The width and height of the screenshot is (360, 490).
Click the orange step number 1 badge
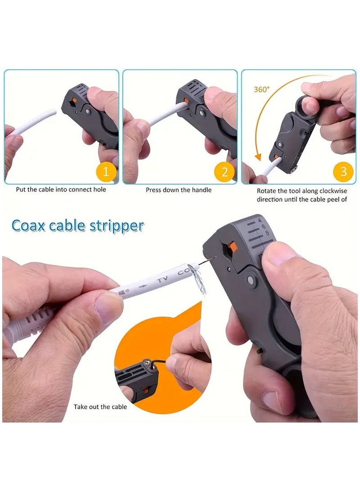click(x=106, y=171)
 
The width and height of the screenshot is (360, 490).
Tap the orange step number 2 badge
click(x=225, y=171)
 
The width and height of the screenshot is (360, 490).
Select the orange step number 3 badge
click(x=343, y=171)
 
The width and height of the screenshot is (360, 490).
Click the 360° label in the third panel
click(x=261, y=89)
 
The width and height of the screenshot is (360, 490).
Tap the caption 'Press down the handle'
click(x=179, y=190)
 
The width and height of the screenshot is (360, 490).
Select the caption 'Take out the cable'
click(x=100, y=407)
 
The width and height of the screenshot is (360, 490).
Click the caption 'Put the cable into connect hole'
click(x=61, y=190)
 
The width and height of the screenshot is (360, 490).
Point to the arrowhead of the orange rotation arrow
click(x=258, y=157)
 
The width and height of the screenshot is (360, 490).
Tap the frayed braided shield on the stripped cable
click(x=196, y=279)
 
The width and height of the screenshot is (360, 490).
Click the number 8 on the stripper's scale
click(x=267, y=233)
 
